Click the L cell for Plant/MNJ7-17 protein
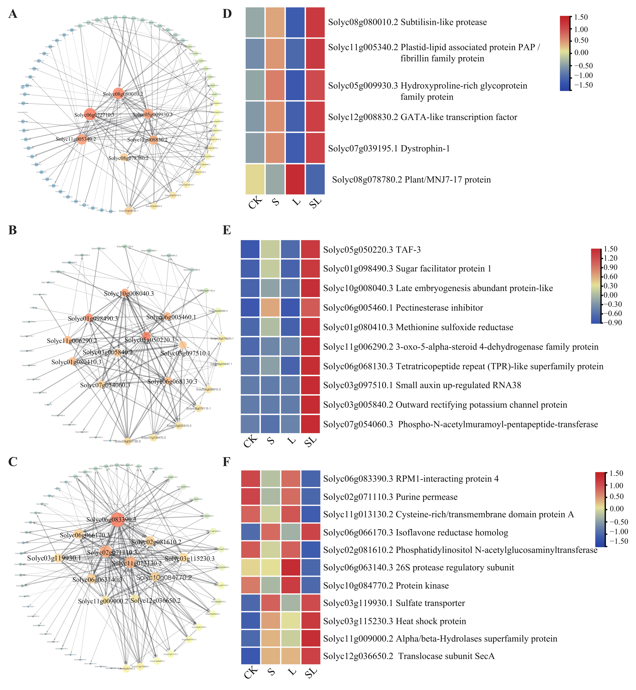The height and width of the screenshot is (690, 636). tap(295, 179)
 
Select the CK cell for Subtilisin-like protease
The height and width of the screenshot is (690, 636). tap(255, 22)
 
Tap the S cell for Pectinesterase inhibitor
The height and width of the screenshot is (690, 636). tap(270, 308)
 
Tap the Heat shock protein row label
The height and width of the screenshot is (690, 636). tap(431, 621)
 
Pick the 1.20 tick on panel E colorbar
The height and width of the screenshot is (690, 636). tap(613, 258)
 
